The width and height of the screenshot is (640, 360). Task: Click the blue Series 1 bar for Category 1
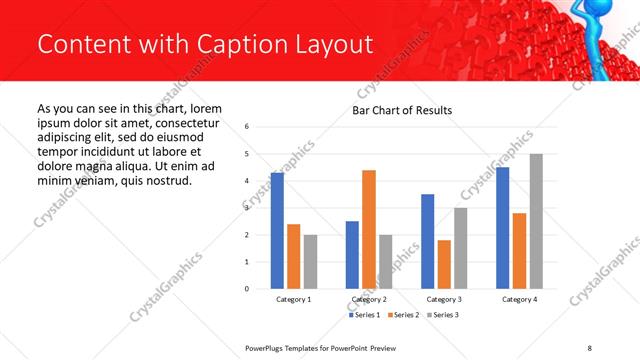coord(277,231)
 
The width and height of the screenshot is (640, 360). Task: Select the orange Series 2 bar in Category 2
coord(369,229)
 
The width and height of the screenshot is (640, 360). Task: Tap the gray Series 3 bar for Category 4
coord(536,221)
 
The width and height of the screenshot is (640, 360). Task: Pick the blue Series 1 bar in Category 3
coord(428,241)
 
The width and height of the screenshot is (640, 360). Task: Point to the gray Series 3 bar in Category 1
coord(310,262)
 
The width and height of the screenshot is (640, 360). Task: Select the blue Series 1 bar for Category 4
coord(503,228)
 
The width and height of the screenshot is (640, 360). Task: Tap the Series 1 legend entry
coord(365,316)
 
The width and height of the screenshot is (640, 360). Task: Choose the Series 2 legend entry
coord(402,316)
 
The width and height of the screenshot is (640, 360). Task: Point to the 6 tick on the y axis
coord(247,127)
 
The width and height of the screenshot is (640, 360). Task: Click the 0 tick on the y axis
coord(247,289)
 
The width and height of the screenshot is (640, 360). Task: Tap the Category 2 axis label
coord(369,299)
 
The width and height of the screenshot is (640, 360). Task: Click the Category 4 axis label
coord(519,299)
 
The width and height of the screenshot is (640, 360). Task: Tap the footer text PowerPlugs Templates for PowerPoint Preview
coord(328,347)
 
